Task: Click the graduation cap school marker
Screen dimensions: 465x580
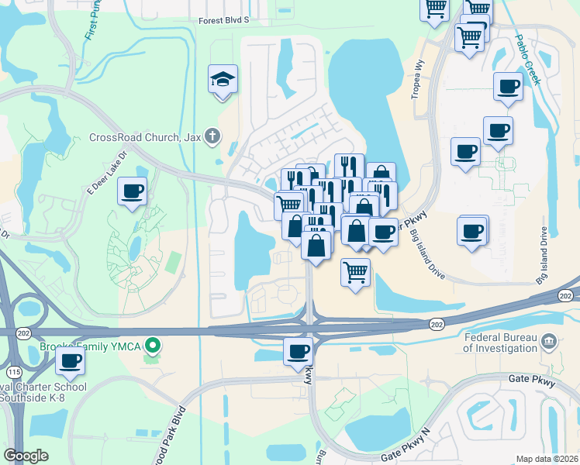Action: [x=223, y=80]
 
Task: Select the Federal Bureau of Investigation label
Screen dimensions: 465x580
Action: [x=500, y=343]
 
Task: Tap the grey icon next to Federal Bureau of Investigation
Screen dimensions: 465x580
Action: [x=549, y=339]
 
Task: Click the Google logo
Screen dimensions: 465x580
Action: [x=26, y=455]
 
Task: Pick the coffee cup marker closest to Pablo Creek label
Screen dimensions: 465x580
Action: [x=509, y=87]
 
